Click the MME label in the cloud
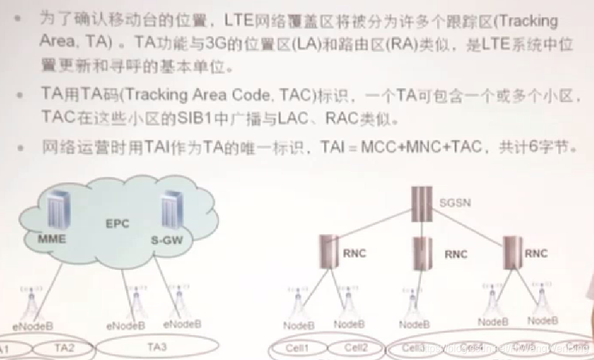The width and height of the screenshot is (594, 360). point(52,239)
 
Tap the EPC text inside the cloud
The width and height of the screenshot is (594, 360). point(118,223)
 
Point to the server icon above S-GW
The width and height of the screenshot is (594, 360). point(168,210)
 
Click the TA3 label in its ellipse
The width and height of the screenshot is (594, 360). point(157,347)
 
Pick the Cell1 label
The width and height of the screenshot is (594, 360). point(297,347)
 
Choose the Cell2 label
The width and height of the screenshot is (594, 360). point(356,347)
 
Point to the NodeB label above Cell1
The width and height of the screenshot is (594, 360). point(298,325)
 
